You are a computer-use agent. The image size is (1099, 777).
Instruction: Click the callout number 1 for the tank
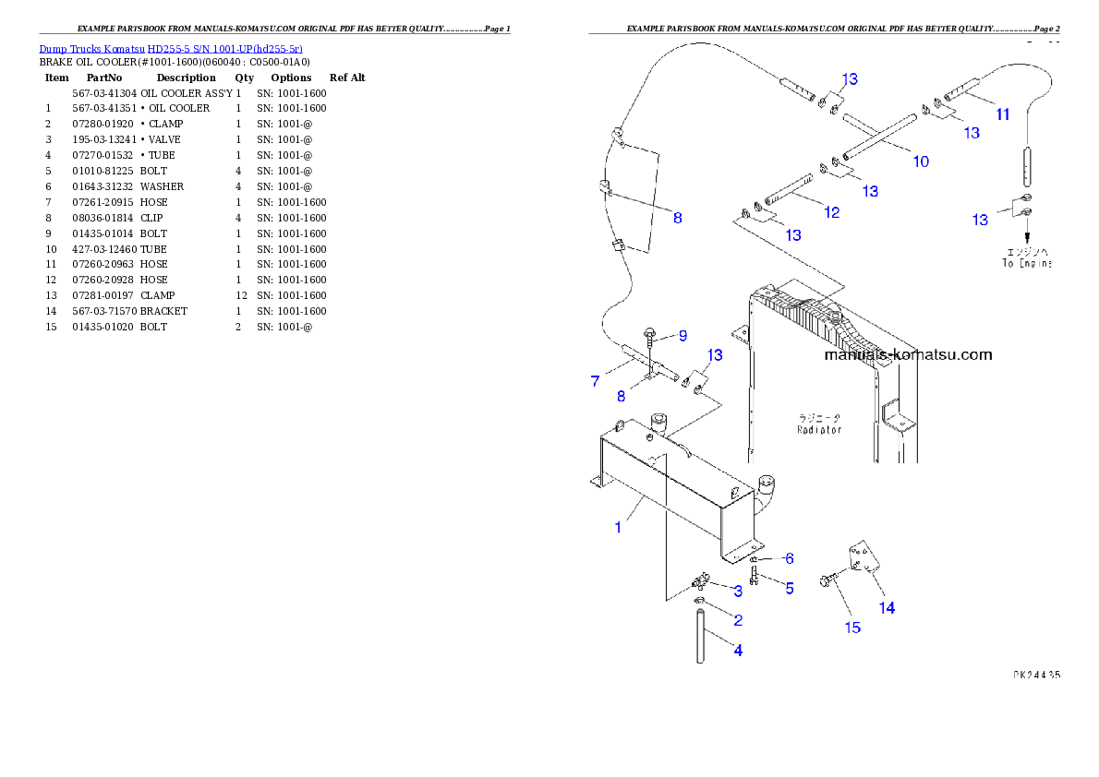tap(618, 527)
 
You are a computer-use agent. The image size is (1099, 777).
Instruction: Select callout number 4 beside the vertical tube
tap(738, 650)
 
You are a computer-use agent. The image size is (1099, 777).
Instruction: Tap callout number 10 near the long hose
tap(921, 161)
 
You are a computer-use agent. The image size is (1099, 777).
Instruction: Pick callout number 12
tap(831, 212)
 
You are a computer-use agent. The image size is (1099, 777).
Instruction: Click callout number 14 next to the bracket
tap(886, 607)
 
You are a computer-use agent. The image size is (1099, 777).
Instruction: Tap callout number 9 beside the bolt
tap(682, 335)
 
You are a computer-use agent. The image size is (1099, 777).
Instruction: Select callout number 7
tap(596, 380)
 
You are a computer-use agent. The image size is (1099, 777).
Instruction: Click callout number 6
tap(789, 558)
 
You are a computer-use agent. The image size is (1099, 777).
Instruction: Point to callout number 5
tap(789, 588)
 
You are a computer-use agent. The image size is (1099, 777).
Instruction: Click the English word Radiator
tap(819, 430)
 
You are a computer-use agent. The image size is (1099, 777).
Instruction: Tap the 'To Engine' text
tap(1027, 264)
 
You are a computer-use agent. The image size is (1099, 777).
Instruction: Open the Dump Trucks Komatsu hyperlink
tap(171, 48)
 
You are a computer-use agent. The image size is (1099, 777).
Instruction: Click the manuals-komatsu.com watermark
tap(907, 354)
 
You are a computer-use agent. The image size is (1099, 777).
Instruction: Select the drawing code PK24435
tap(1034, 675)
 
